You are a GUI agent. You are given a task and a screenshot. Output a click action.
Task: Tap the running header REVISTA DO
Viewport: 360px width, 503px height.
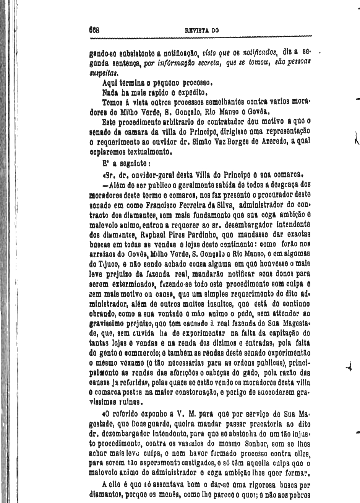click(x=201, y=30)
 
